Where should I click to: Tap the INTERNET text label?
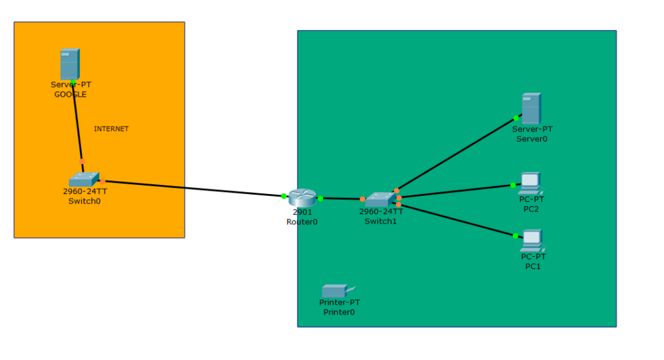click(112, 129)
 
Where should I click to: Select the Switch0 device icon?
click(84, 180)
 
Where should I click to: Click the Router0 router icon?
click(302, 198)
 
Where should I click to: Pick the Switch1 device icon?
click(380, 199)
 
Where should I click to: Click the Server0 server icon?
click(531, 108)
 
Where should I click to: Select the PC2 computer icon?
click(530, 184)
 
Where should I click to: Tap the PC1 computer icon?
click(532, 241)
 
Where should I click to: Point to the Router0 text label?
click(302, 222)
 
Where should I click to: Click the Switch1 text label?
click(381, 221)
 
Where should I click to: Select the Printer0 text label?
click(339, 312)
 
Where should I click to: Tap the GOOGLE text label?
click(71, 94)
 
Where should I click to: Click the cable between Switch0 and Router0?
click(195, 189)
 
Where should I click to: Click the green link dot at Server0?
click(516, 118)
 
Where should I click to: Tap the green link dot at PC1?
click(516, 235)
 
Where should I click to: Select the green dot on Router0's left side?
click(284, 196)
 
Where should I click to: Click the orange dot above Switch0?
click(82, 162)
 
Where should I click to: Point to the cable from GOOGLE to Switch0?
click(78, 123)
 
